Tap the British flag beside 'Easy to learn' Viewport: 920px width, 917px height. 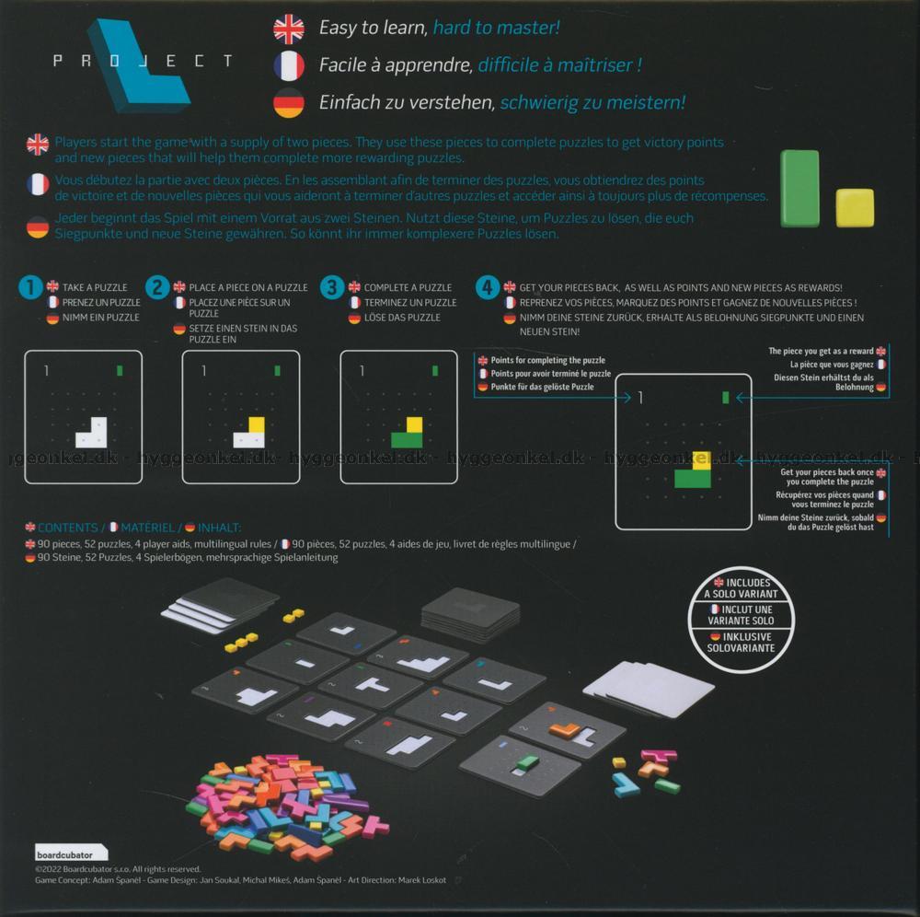click(x=289, y=29)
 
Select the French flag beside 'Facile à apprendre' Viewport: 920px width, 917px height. click(x=289, y=65)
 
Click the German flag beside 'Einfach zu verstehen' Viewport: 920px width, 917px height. click(x=289, y=103)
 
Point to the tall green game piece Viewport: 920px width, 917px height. click(x=799, y=189)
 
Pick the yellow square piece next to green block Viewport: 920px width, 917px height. click(x=855, y=208)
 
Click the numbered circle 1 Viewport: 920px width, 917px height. click(x=30, y=287)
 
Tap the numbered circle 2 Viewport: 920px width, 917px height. click(x=157, y=287)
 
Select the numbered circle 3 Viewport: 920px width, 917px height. click(x=332, y=287)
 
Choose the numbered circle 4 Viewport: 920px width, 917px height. click(x=488, y=287)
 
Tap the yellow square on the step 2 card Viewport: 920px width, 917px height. click(x=257, y=424)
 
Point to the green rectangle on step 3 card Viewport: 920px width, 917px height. click(x=407, y=440)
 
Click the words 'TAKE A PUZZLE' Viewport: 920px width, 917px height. click(x=95, y=287)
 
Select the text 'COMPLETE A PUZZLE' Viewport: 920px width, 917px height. click(x=408, y=287)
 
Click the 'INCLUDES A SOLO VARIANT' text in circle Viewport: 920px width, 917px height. click(x=741, y=588)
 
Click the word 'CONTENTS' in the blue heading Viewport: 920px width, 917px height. click(x=67, y=528)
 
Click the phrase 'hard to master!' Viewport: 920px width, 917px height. click(x=497, y=28)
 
